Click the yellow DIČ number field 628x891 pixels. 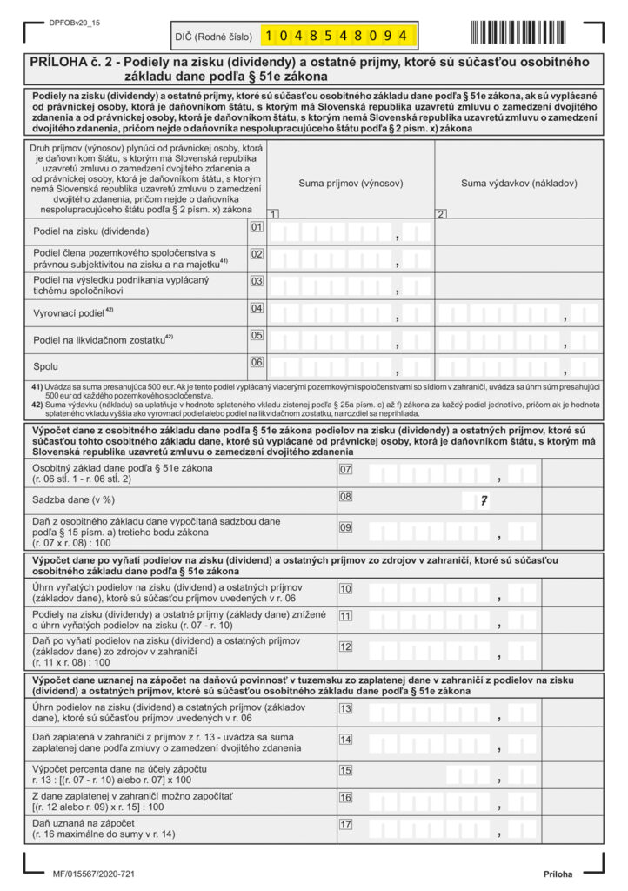pos(337,36)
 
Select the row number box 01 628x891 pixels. pos(257,228)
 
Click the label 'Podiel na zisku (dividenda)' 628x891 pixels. pos(91,231)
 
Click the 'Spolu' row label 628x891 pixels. pos(45,366)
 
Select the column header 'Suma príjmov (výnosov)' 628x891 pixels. pos(351,184)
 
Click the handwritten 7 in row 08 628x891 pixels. pos(484,500)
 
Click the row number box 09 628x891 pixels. pos(345,526)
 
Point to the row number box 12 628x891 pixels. pos(345,646)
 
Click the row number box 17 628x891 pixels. pos(345,825)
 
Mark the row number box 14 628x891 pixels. pos(345,740)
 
